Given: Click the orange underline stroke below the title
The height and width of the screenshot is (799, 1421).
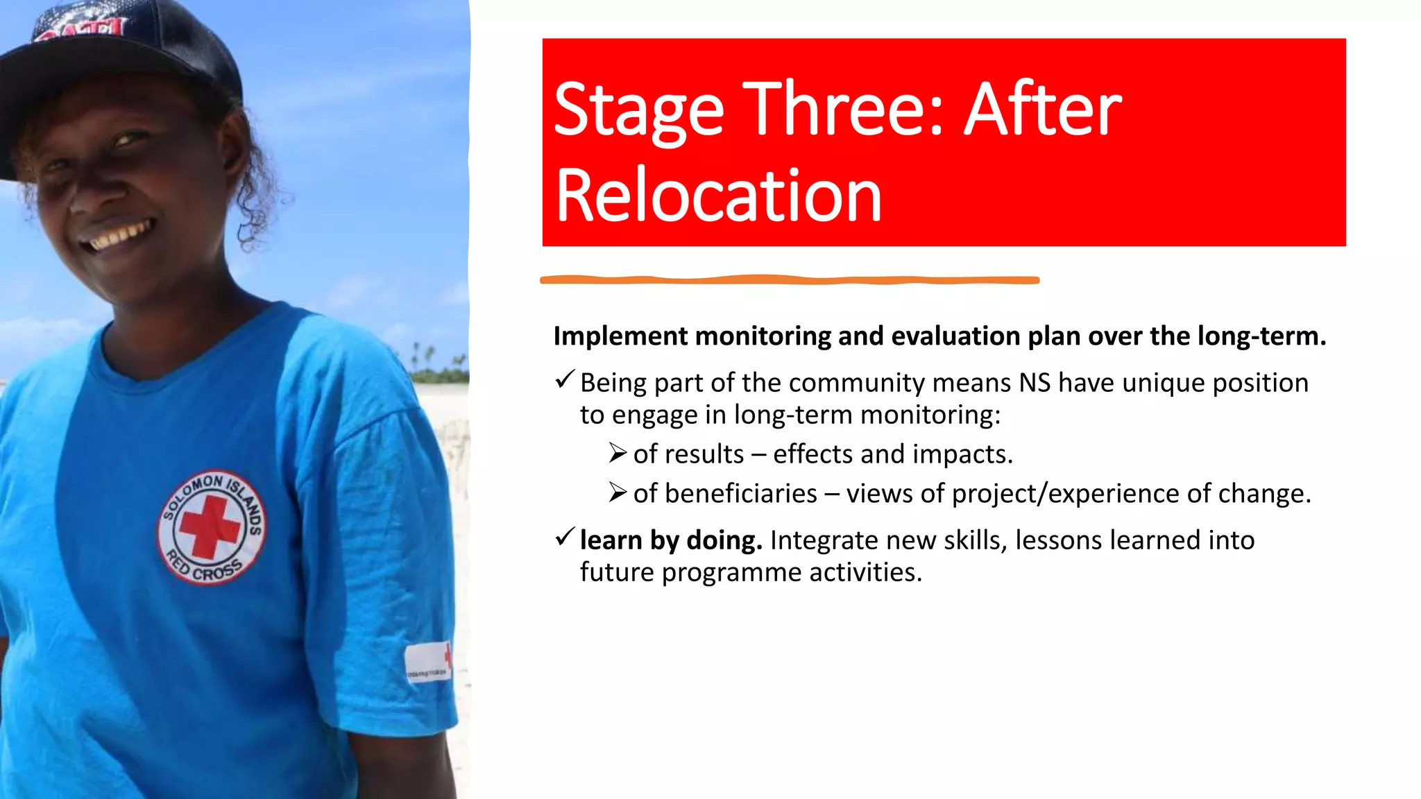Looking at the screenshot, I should tap(790, 280).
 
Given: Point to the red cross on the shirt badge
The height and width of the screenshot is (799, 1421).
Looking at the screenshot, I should tap(210, 527).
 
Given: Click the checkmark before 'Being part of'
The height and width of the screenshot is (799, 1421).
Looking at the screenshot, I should tap(565, 379).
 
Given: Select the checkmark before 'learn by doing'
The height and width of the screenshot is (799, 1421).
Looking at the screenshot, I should tap(565, 537).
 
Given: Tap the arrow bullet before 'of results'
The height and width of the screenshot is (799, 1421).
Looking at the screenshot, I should tap(618, 454).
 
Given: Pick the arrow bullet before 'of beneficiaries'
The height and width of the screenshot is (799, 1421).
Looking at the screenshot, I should tap(618, 493).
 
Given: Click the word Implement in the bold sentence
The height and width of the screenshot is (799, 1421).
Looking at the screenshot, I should tap(620, 337).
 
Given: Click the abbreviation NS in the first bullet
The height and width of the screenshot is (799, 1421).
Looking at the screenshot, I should tap(1035, 383).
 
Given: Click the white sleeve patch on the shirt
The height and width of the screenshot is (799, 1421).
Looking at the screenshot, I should tap(427, 662).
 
